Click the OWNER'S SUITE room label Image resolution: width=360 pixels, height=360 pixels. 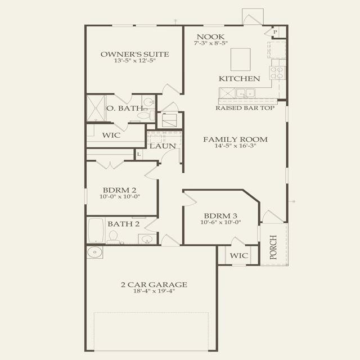135,55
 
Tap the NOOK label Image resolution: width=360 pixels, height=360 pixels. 210,37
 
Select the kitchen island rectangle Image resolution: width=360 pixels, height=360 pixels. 240,59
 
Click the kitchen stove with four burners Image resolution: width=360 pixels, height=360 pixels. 277,73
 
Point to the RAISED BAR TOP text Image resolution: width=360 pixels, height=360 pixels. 245,108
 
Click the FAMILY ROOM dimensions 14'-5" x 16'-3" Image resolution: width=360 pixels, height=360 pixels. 235,146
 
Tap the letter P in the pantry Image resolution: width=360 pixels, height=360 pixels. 275,32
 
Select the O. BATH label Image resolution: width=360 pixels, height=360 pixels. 125,108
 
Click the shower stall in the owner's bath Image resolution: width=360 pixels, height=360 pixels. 96,108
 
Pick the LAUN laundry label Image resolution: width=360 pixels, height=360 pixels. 163,146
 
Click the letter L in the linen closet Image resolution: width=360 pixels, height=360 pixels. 139,155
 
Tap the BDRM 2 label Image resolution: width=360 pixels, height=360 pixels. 119,190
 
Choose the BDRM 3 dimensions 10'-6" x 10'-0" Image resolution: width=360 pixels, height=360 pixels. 220,222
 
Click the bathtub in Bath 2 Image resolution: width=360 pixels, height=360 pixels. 96,230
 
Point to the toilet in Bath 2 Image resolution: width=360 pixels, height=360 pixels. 113,237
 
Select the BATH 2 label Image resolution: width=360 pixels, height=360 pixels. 124,224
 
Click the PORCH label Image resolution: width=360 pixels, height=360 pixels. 273,247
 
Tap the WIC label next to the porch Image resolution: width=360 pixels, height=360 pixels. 239,255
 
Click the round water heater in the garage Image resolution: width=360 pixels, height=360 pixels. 94,253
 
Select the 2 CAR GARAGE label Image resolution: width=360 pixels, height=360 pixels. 154,285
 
